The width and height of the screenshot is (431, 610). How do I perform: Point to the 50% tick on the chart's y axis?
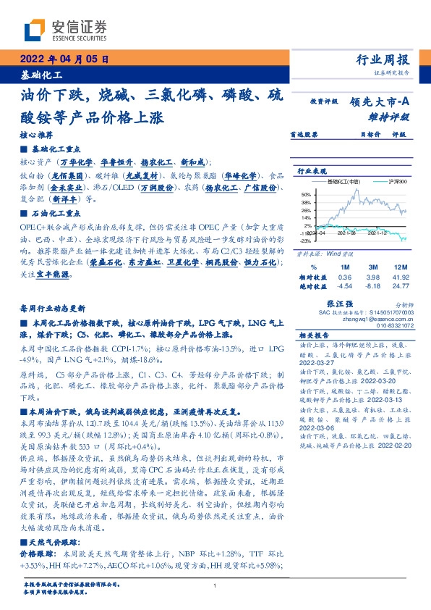pyautogui.click(x=306, y=195)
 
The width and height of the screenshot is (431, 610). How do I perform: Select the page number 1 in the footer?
pyautogui.click(x=215, y=586)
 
